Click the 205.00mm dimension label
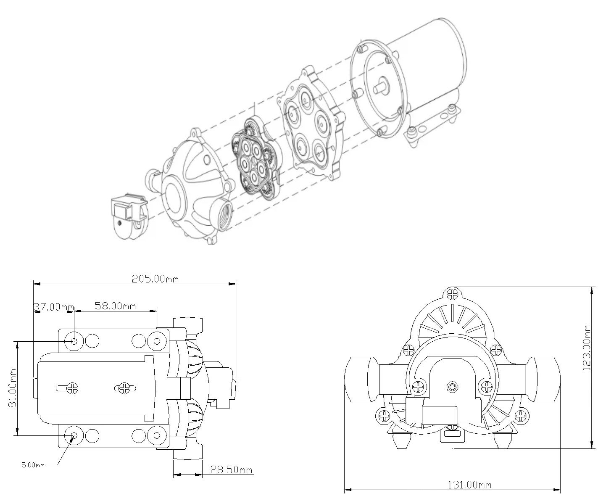[155, 279]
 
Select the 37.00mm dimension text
[54, 306]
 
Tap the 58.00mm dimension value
[115, 306]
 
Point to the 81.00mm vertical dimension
[12, 388]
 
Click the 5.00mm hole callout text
[33, 465]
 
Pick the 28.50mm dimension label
[231, 469]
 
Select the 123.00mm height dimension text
[587, 348]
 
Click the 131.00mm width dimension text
[469, 485]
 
